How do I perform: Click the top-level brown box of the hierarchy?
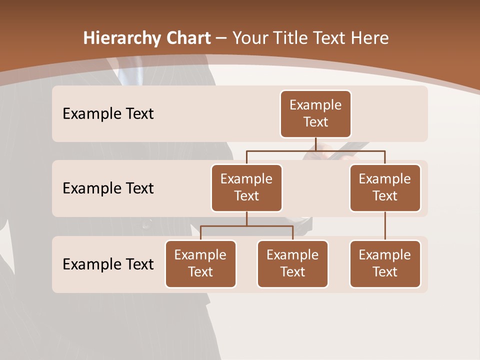coord(315,114)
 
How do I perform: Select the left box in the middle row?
coord(246,188)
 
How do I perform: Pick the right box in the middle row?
coord(385,188)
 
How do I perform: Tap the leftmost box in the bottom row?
coord(200,264)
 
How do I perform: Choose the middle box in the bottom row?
coord(292,264)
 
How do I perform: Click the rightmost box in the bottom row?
coord(385,264)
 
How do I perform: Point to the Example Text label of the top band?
coord(108,114)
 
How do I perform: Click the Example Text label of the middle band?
coord(108,188)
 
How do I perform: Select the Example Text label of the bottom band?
coord(108,264)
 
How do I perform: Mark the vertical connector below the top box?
coord(315,144)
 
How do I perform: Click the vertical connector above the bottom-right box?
coord(385,226)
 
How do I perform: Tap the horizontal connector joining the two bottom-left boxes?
coord(246,226)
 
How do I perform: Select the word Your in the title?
coord(249,38)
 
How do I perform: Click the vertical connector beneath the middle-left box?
coord(246,218)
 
